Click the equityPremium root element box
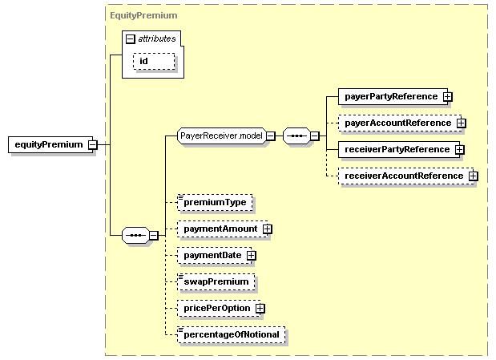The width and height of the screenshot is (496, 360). (x=47, y=145)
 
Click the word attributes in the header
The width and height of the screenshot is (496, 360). (x=157, y=38)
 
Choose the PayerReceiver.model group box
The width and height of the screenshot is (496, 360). (x=220, y=136)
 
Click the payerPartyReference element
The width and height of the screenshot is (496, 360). (x=390, y=96)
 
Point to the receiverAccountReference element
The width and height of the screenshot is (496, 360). (x=402, y=176)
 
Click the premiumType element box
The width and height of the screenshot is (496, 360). (x=214, y=202)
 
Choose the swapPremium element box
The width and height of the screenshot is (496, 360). (x=216, y=281)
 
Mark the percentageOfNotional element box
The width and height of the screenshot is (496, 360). (x=231, y=334)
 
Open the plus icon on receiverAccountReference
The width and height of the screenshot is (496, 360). (x=473, y=176)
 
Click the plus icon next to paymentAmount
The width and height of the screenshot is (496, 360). (x=268, y=229)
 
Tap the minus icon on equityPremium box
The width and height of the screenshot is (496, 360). (x=93, y=145)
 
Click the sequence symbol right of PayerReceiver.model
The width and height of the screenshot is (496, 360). (x=297, y=136)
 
